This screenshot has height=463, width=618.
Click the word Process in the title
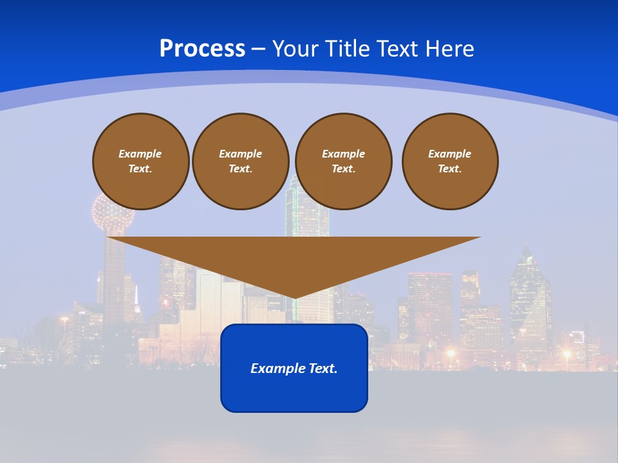(202, 49)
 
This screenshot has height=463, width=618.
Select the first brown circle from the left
(140, 161)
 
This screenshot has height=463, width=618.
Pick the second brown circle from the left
(240, 161)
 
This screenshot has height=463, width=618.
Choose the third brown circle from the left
(343, 161)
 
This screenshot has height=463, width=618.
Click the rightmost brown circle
(449, 161)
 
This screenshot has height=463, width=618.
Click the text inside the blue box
(294, 368)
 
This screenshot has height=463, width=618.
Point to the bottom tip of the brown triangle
(294, 297)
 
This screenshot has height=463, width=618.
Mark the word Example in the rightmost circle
(449, 154)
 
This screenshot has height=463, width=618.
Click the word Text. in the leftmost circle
(140, 169)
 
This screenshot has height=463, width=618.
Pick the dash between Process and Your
(259, 49)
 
